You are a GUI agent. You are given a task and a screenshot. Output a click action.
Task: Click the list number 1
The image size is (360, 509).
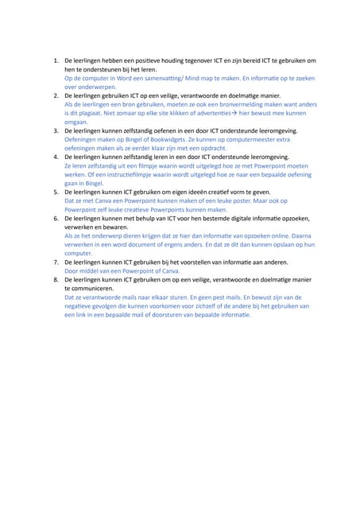point(55,60)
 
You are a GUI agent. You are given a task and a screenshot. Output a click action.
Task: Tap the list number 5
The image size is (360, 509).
point(55,192)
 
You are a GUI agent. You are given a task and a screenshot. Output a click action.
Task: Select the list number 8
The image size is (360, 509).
point(55,280)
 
